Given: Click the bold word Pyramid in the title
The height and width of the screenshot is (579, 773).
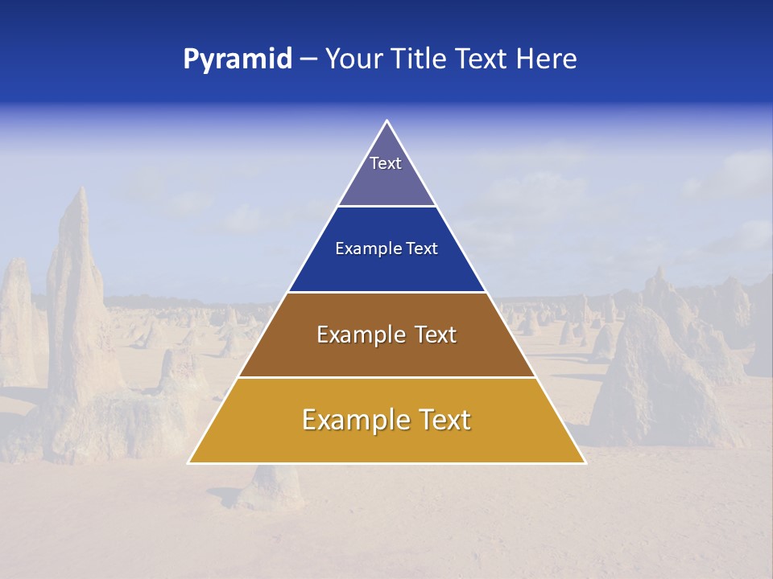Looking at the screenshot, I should coord(238,60).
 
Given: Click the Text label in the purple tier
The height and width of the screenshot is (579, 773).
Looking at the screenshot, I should coord(386,163).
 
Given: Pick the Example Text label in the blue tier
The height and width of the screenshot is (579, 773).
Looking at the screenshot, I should coord(386,248).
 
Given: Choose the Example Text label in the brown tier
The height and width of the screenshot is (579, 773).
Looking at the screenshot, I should coord(386,335).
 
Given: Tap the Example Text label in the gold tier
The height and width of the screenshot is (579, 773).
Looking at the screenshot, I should coord(386,420).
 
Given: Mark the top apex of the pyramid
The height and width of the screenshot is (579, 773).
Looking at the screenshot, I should coord(386,121).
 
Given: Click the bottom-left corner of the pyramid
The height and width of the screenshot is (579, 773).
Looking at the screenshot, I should coord(189,462).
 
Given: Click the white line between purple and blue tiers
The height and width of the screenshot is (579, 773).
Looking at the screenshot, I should coord(386,206).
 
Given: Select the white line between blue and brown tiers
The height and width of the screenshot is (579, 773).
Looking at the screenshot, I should coord(386,292).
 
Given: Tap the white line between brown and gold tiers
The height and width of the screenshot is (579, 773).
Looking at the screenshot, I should coord(386,377).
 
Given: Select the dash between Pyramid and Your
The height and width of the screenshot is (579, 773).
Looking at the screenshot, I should coord(308,60).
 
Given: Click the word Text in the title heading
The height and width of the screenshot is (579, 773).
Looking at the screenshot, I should coord(481,60).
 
